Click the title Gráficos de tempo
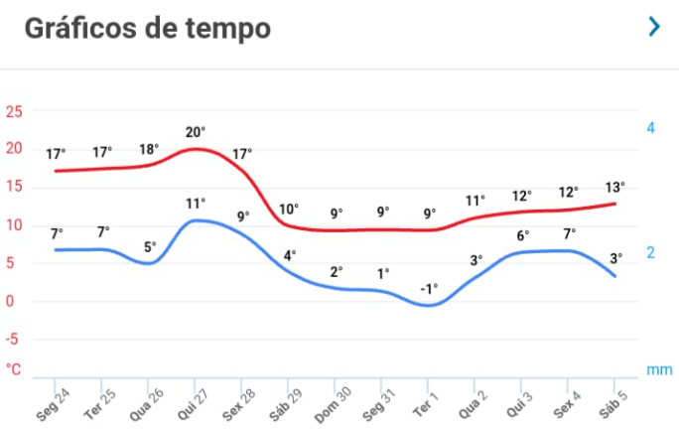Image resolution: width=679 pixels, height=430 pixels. point(147,28)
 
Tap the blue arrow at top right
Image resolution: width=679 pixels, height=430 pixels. point(653,27)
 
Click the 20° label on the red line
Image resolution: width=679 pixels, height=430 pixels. point(196,131)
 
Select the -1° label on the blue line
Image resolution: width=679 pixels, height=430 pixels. point(429,288)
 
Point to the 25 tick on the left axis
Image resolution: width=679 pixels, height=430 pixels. point(15,111)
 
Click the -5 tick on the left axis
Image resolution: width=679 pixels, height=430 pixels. point(14,339)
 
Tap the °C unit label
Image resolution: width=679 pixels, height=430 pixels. point(14,369)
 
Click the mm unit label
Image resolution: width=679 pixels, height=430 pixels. point(659,369)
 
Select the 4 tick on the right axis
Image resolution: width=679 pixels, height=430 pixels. point(650,128)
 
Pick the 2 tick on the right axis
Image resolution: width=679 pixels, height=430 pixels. point(650,252)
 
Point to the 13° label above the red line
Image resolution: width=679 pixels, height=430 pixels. point(615,188)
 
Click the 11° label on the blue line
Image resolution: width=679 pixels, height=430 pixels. point(196,204)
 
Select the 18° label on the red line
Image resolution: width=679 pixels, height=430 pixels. point(149,150)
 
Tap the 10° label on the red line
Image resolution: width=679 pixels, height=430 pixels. point(288,209)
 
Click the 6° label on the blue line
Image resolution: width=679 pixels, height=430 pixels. point(522,236)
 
